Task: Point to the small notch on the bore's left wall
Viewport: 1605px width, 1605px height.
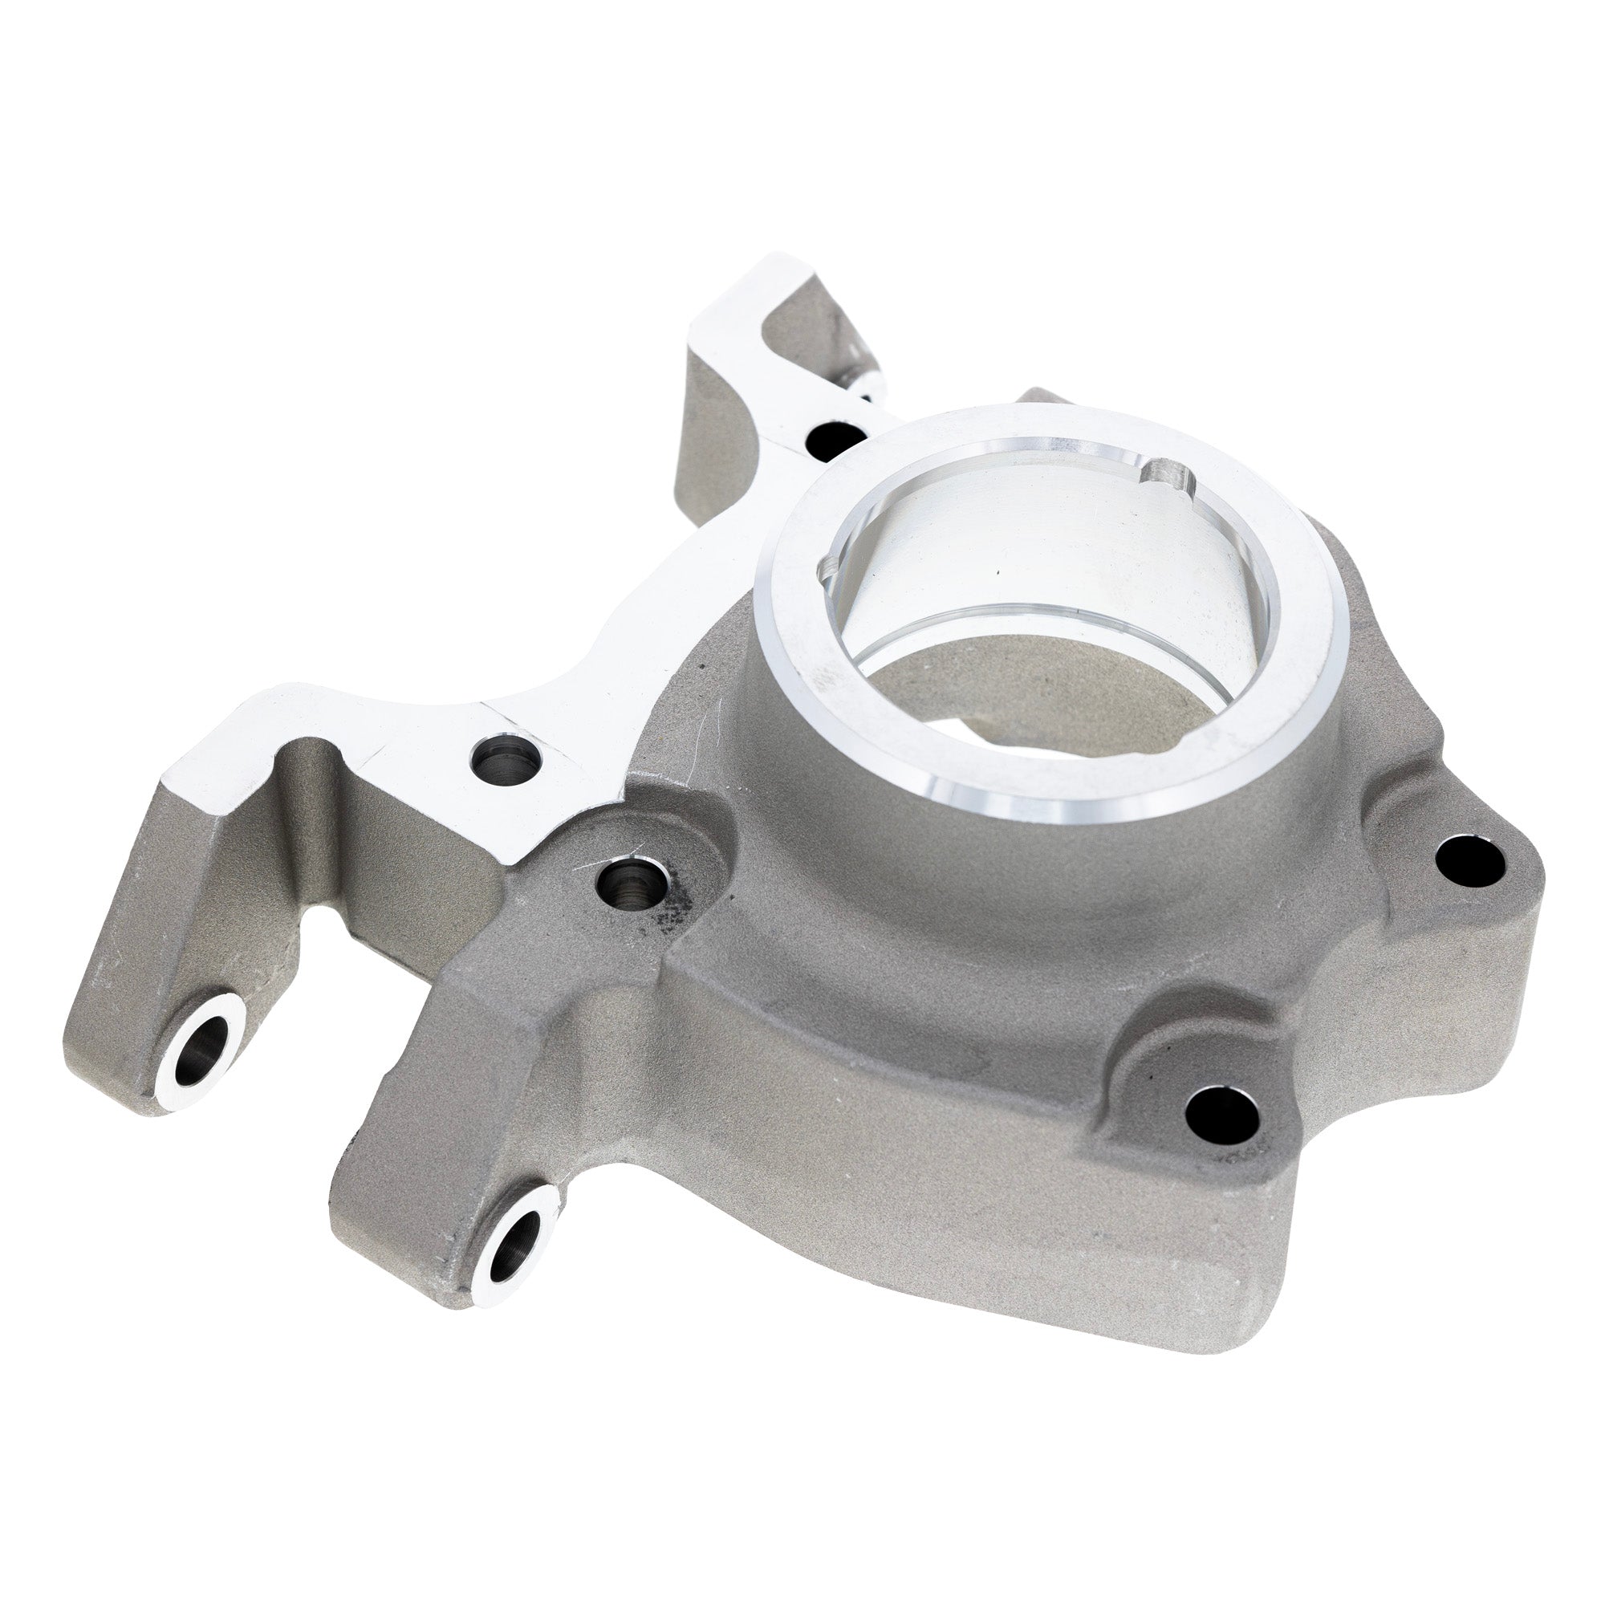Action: coord(827,574)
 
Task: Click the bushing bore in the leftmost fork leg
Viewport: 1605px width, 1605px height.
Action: coord(202,1042)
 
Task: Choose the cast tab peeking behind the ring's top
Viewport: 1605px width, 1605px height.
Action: coord(1042,396)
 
